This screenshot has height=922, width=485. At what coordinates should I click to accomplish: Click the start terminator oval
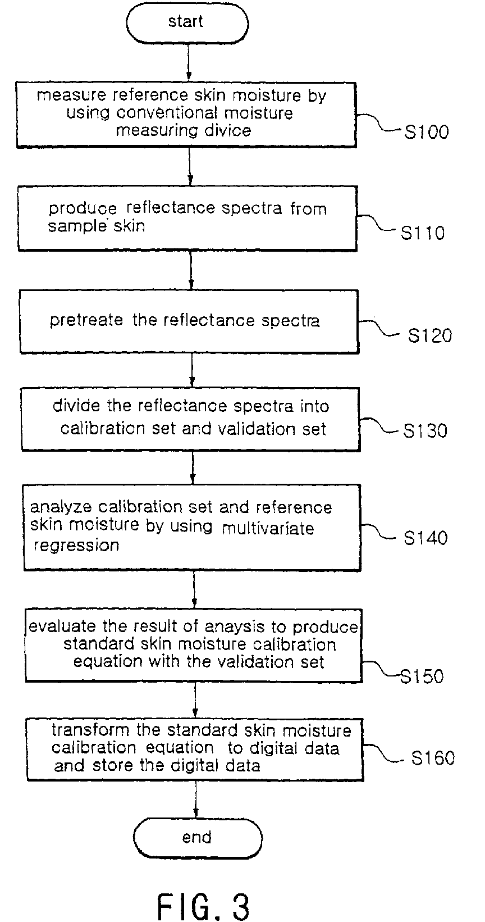click(x=187, y=22)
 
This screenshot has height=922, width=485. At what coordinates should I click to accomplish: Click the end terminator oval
click(x=197, y=838)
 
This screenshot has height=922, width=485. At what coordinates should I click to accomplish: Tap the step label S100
click(x=427, y=132)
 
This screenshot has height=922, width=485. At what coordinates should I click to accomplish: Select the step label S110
click(x=423, y=233)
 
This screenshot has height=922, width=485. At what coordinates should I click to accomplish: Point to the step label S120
click(x=430, y=335)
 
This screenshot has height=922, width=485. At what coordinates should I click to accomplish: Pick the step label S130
click(x=425, y=431)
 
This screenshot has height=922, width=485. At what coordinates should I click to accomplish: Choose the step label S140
click(x=426, y=538)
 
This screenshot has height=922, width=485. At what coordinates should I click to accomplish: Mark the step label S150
click(x=422, y=676)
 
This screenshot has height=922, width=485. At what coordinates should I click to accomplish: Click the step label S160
click(x=432, y=758)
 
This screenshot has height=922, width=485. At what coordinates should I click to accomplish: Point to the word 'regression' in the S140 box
click(x=76, y=546)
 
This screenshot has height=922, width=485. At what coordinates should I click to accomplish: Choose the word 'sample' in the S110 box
click(x=71, y=226)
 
